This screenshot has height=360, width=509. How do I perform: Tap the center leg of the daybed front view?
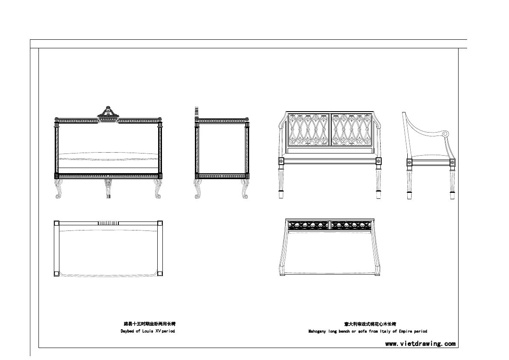tap(108, 188)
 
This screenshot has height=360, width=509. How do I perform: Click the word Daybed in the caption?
tap(127, 331)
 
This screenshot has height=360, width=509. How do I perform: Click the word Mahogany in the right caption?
tap(318, 331)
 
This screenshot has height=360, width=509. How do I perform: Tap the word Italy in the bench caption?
tap(384, 331)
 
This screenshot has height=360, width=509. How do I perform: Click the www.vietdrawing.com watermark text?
tap(420, 344)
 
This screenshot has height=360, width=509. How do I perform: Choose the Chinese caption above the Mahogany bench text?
tap(367, 324)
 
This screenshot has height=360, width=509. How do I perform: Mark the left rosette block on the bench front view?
tap(281, 162)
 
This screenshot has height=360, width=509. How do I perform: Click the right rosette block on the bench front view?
tap(379, 162)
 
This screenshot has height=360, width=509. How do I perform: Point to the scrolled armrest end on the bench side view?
tap(445, 134)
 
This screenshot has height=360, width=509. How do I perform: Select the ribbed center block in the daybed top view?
tap(108, 223)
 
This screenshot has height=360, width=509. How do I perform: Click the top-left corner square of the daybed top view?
tap(57, 223)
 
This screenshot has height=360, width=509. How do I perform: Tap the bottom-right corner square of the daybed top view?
tap(160, 274)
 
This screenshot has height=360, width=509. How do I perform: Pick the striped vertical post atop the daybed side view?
tap(197, 111)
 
